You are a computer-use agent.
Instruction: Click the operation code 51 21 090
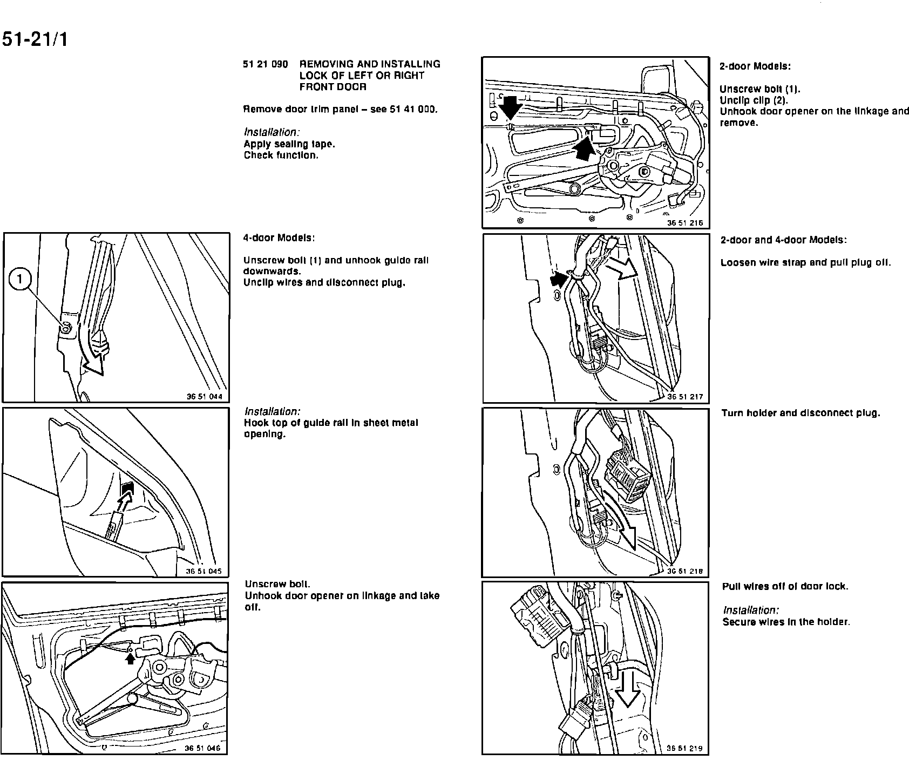coord(265,64)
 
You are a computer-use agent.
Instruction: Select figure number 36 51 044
coord(204,397)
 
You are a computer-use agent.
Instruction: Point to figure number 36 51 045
coord(203,572)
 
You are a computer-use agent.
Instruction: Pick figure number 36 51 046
coord(202,748)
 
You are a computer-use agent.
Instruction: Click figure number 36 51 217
coord(685,397)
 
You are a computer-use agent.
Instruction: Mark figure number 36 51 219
coord(684,748)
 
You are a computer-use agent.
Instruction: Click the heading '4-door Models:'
coord(279,238)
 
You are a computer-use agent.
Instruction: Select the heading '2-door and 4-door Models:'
coord(783,240)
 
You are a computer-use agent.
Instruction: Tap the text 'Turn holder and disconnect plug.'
coord(801,413)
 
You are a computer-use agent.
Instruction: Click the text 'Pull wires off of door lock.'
coord(785,587)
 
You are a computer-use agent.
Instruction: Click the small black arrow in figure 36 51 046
coord(130,659)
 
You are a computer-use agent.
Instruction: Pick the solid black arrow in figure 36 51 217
coord(560,280)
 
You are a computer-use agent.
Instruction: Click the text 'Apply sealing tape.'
coord(289,144)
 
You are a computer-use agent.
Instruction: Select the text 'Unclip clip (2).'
coord(754,100)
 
